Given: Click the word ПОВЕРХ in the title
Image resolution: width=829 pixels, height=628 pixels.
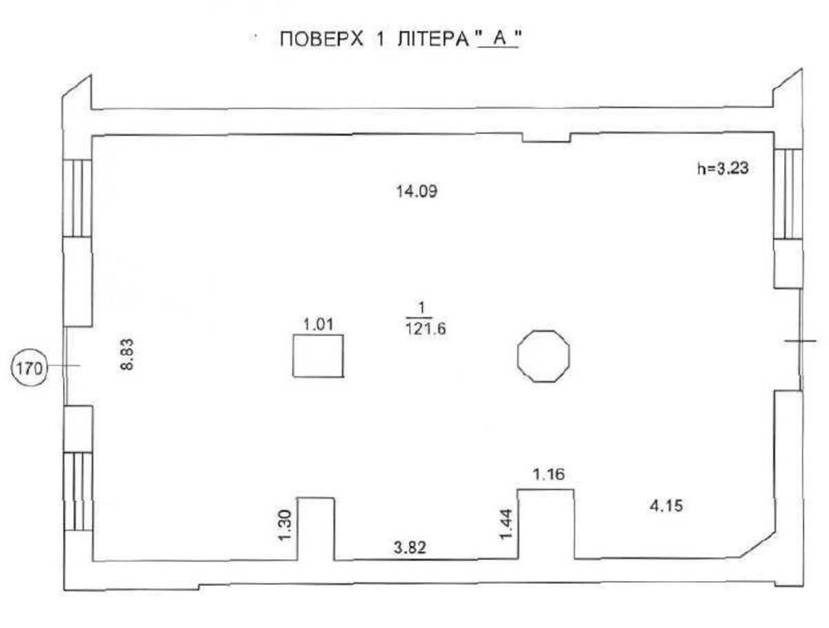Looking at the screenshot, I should (317, 40).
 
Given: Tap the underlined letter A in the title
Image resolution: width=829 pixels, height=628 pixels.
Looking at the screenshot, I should (491, 40).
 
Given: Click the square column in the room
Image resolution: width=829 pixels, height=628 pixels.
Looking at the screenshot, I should (318, 356).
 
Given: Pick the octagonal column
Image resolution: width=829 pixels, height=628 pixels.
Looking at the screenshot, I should (544, 356).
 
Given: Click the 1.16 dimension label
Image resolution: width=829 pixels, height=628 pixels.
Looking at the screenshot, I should (549, 474).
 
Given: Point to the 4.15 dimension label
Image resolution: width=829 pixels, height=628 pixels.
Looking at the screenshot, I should (667, 506).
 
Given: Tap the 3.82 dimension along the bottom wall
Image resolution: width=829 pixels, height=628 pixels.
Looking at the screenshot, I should (410, 548).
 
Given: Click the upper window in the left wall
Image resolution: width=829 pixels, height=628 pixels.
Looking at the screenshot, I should (77, 198).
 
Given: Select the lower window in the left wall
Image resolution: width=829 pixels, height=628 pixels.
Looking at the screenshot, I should (77, 491).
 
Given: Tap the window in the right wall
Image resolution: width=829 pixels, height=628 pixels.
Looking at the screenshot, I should (788, 193).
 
